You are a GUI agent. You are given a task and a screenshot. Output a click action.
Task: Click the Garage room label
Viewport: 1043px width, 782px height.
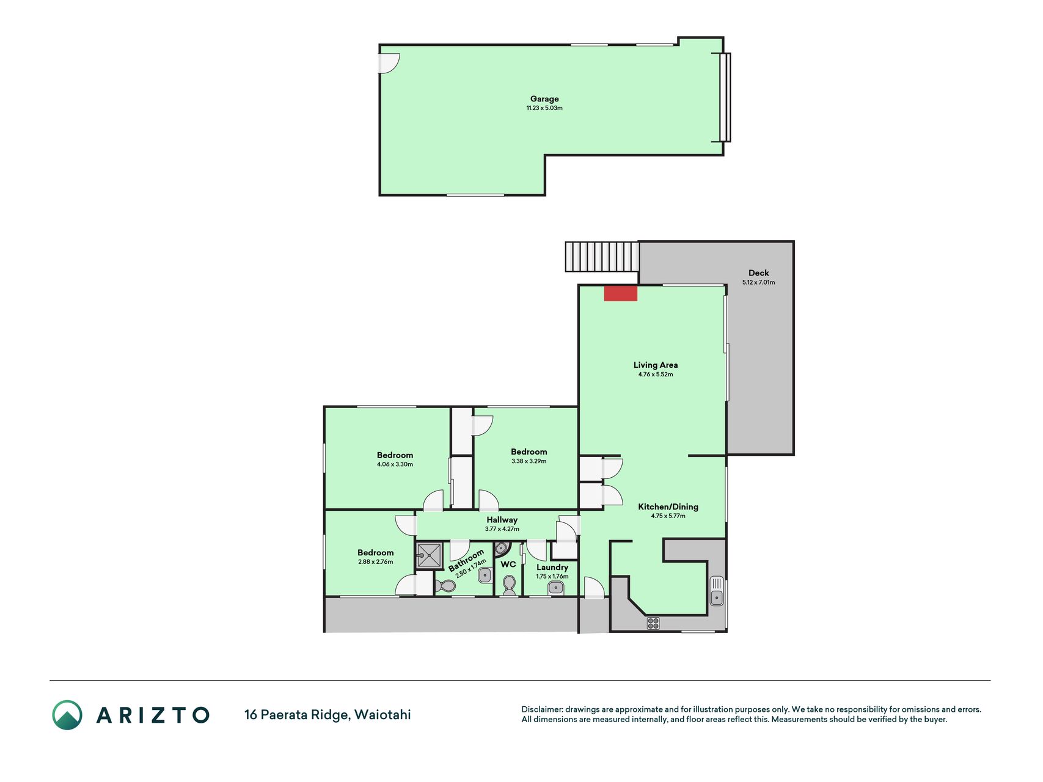pyautogui.click(x=544, y=99)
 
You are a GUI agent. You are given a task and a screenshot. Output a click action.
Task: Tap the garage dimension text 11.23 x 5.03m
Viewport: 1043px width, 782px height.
pyautogui.click(x=544, y=108)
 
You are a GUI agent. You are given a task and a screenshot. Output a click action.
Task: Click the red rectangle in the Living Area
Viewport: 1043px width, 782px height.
pyautogui.click(x=621, y=293)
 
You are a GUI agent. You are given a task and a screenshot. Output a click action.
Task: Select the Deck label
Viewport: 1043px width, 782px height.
pyautogui.click(x=759, y=273)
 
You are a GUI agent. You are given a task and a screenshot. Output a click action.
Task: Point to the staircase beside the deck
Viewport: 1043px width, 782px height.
pyautogui.click(x=602, y=257)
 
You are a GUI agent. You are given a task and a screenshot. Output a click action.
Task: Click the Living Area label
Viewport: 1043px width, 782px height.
pyautogui.click(x=656, y=365)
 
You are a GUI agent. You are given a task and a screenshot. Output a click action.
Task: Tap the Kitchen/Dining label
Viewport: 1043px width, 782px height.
pyautogui.click(x=668, y=506)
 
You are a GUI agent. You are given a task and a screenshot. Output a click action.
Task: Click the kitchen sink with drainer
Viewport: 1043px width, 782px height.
pyautogui.click(x=717, y=591)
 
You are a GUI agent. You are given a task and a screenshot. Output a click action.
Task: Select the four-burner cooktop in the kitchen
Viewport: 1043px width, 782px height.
pyautogui.click(x=653, y=623)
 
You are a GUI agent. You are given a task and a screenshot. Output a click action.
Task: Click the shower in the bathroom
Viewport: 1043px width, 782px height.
pyautogui.click(x=430, y=555)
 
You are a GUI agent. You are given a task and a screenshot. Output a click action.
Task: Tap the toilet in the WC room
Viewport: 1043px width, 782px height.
pyautogui.click(x=509, y=585)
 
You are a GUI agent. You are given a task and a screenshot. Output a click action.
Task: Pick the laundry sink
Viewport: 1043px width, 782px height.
pyautogui.click(x=555, y=588)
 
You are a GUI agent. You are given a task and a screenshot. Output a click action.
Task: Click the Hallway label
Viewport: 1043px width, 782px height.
pyautogui.click(x=502, y=520)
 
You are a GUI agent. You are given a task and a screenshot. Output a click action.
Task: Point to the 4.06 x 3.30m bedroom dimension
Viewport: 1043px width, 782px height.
pyautogui.click(x=395, y=464)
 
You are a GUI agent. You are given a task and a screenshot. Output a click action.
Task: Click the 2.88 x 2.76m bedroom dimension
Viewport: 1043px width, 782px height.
pyautogui.click(x=376, y=562)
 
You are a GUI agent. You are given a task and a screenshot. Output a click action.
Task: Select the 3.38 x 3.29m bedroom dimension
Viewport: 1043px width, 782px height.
pyautogui.click(x=529, y=461)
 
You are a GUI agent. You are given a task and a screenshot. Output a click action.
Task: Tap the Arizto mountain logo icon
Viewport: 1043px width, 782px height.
pyautogui.click(x=67, y=715)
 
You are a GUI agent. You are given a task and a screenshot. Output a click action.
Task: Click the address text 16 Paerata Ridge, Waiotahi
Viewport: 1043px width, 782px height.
pyautogui.click(x=328, y=715)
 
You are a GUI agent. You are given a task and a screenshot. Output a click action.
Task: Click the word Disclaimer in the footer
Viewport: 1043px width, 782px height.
pyautogui.click(x=542, y=709)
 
